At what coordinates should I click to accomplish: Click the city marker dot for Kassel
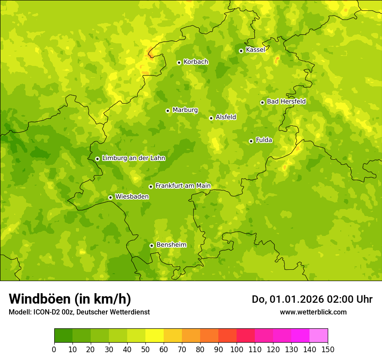[241, 51]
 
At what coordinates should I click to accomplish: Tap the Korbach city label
[196, 62]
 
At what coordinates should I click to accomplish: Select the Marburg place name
[185, 110]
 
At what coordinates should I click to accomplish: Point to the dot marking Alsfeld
[211, 118]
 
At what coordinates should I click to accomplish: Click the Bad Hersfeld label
[286, 101]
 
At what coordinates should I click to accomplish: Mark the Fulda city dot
[251, 141]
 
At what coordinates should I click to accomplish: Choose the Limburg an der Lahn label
[133, 158]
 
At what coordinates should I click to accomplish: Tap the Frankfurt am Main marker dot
[151, 187]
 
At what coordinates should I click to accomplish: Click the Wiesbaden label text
[132, 196]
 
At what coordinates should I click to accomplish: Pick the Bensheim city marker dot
[151, 245]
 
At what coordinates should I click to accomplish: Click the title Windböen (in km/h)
[70, 299]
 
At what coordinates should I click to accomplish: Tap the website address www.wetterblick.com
[313, 312]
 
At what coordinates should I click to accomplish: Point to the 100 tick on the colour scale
[237, 349]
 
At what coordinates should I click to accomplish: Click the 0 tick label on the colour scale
[54, 349]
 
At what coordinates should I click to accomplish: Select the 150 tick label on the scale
[328, 349]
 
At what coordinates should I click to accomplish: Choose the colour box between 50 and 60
[155, 336]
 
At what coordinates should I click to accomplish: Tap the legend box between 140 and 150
[319, 336]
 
